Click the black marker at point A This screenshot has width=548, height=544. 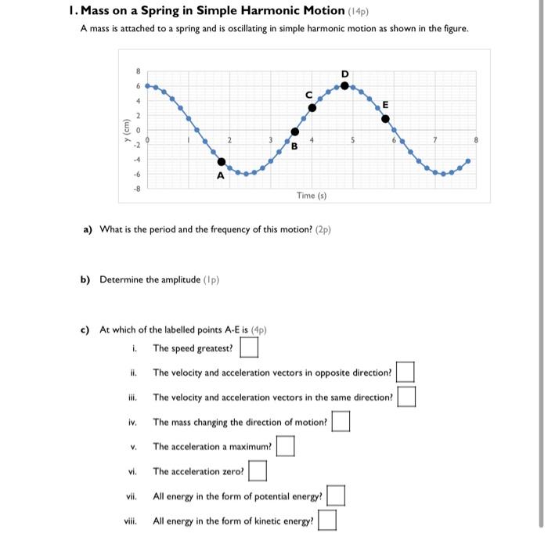pyautogui.click(x=222, y=163)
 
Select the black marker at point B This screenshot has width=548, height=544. pyautogui.click(x=294, y=132)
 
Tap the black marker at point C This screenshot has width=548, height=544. pyautogui.click(x=312, y=107)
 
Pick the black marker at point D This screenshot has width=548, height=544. pyautogui.click(x=345, y=85)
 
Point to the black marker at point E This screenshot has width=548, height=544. pyautogui.click(x=384, y=118)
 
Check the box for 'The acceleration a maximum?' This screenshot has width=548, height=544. pyautogui.click(x=286, y=446)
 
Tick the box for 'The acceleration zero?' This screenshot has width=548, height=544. pyautogui.click(x=258, y=471)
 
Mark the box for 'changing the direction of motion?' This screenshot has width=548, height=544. pyautogui.click(x=341, y=422)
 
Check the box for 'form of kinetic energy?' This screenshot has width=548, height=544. pyautogui.click(x=327, y=520)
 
